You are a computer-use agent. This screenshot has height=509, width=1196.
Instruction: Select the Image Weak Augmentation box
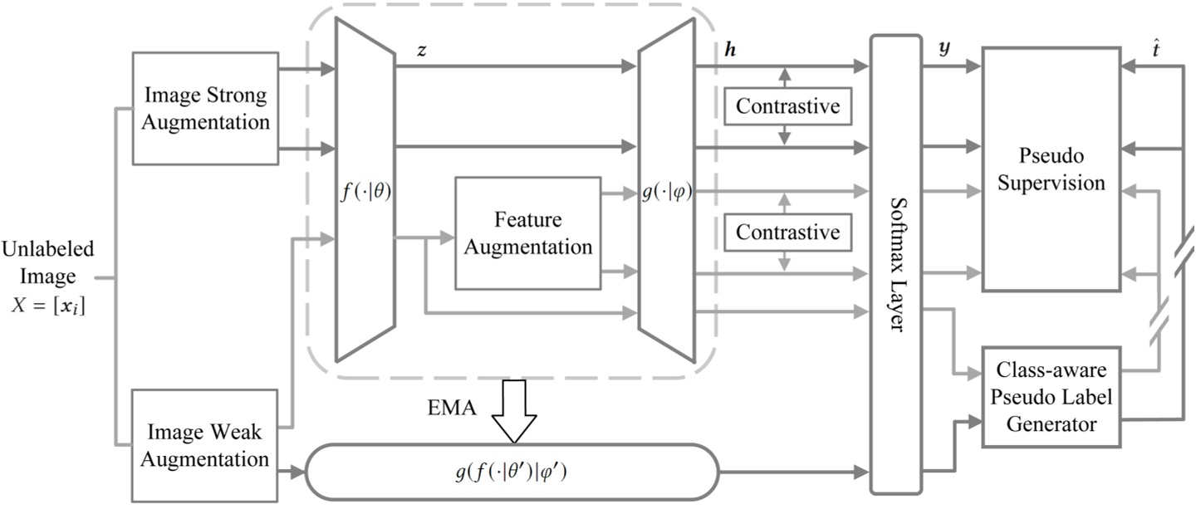pyautogui.click(x=204, y=445)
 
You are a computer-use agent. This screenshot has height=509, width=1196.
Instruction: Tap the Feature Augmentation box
pyautogui.click(x=527, y=233)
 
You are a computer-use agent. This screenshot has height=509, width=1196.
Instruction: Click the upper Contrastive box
pyautogui.click(x=787, y=106)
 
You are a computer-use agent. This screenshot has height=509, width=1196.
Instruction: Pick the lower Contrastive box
pyautogui.click(x=787, y=232)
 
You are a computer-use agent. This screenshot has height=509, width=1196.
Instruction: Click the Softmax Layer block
pyautogui.click(x=895, y=264)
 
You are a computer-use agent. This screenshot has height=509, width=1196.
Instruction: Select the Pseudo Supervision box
pyautogui.click(x=1051, y=169)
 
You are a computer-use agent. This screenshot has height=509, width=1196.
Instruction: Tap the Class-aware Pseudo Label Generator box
pyautogui.click(x=1051, y=397)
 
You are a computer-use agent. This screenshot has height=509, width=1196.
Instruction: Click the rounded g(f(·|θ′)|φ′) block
pyautogui.click(x=512, y=473)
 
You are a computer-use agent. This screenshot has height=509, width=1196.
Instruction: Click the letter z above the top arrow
pyautogui.click(x=422, y=51)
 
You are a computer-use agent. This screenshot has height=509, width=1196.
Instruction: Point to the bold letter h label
pyautogui.click(x=730, y=50)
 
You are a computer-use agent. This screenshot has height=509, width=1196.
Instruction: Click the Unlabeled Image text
pyautogui.click(x=47, y=262)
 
